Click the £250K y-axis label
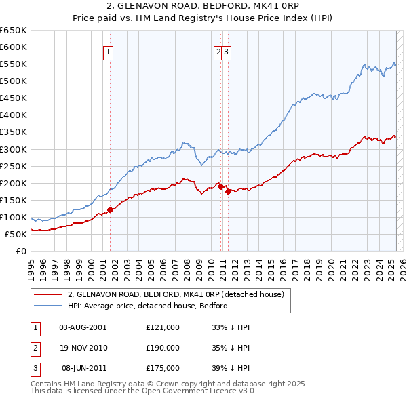coord(14,166)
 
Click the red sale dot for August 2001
coord(110,209)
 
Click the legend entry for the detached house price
coord(179,295)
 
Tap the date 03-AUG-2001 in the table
coord(83,327)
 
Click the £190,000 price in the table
coord(163,348)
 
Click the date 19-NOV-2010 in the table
coord(83,348)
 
